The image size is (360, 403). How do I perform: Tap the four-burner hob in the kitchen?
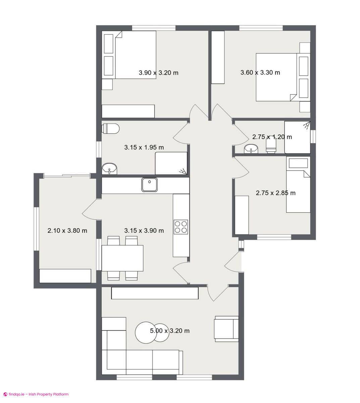(x=181, y=227)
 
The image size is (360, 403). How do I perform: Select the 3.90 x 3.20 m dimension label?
(x=158, y=73)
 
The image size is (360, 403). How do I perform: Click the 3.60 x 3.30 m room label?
(x=260, y=73)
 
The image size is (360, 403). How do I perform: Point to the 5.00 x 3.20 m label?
(x=169, y=331)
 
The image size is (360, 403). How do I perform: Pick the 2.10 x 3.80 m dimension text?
(x=67, y=231)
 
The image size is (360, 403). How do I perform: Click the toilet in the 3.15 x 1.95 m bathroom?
(x=111, y=129)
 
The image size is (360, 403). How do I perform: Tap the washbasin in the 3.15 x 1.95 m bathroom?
(x=109, y=168)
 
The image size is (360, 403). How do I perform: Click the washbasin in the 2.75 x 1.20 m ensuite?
(x=251, y=148)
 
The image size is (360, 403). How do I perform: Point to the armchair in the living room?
(x=226, y=329)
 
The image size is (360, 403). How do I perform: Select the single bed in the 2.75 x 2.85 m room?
(x=298, y=191)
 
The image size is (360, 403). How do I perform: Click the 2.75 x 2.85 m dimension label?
(x=275, y=193)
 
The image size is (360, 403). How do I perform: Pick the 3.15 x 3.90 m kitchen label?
(x=144, y=231)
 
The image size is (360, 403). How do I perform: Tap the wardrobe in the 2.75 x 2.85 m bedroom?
(x=242, y=215)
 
